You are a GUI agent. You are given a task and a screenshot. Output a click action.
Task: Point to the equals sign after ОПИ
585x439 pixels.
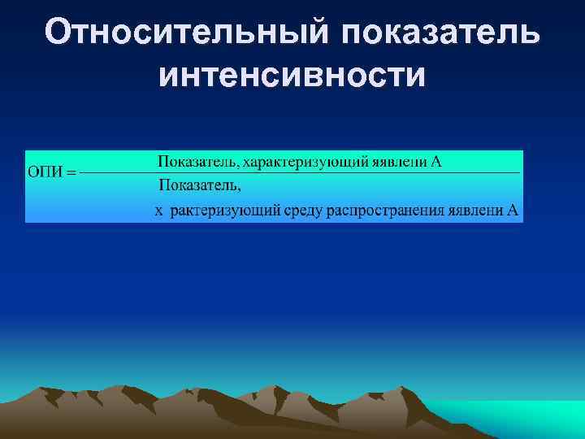70,172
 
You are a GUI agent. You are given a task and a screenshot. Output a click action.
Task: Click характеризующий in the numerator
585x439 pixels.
305,161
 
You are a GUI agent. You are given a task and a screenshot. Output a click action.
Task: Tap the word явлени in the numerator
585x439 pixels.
399,161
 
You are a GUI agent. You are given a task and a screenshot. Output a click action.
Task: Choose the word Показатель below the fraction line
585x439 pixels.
198,185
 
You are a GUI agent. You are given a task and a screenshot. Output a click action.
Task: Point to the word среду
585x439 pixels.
302,211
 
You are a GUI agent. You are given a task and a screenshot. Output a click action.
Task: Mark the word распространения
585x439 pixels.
381,211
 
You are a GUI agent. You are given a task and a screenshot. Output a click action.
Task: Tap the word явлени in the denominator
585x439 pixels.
475,211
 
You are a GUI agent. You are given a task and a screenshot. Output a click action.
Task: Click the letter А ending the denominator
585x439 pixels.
513,211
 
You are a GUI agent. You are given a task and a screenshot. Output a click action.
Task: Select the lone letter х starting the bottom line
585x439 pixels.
159,211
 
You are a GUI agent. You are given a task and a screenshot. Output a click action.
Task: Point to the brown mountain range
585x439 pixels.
244,411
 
